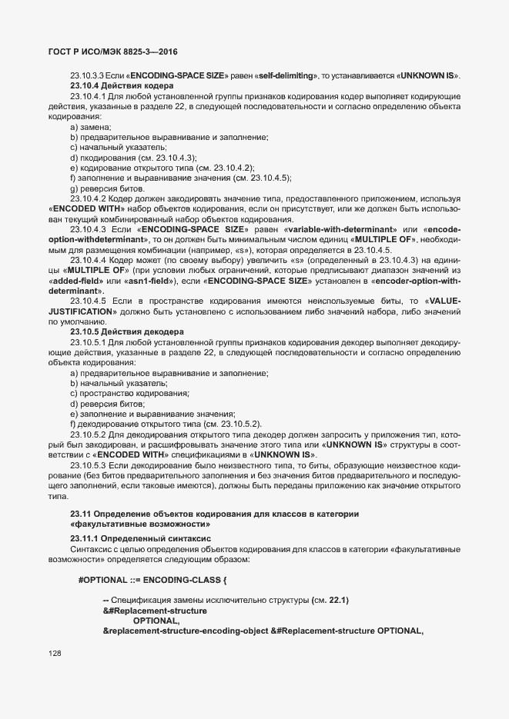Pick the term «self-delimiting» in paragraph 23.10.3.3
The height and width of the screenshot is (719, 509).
(286, 75)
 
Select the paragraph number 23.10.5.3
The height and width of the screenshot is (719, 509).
(87, 466)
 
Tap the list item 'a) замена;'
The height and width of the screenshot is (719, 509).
(90, 126)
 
